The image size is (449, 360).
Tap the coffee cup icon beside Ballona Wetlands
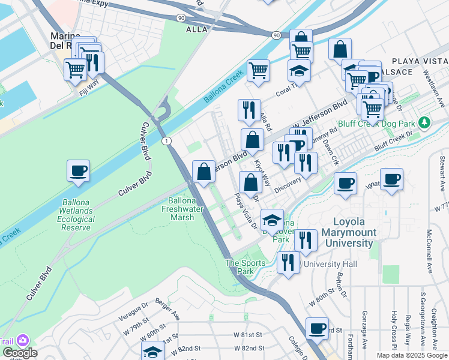[x=78, y=171]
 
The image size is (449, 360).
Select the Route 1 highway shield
[x=167, y=140]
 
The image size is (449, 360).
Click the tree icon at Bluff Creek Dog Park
[x=425, y=122]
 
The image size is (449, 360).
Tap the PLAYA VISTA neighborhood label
[x=420, y=61]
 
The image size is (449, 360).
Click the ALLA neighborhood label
[x=197, y=29]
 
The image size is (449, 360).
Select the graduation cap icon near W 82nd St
[x=152, y=352]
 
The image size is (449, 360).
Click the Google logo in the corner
[x=19, y=353]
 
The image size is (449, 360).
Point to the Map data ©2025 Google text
[x=412, y=355]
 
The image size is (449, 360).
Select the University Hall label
[x=330, y=264]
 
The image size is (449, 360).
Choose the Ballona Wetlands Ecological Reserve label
[x=76, y=211]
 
